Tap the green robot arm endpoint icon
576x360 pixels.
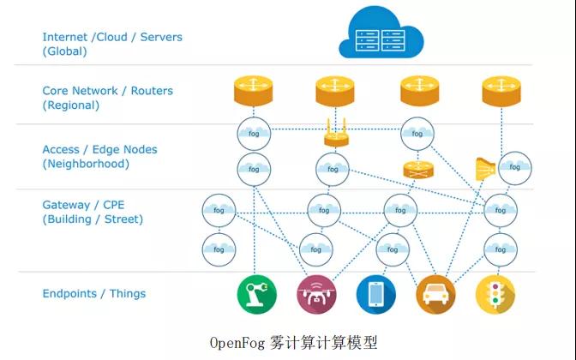pos(255,293)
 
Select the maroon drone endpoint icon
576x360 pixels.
pos(316,293)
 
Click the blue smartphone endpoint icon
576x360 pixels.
pos(376,293)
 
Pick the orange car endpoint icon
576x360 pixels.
pos(435,293)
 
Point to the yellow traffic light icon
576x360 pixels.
pos(495,293)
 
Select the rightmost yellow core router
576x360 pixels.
pos(501,88)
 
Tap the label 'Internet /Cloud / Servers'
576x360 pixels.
pos(112,37)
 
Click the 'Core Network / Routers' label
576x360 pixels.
pos(107,91)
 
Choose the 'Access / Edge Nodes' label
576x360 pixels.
pos(99,149)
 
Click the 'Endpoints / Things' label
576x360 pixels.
pos(94,293)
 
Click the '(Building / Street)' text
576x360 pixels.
pos(93,219)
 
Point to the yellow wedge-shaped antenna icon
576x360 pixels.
pos(484,167)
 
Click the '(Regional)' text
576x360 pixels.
pos(71,105)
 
